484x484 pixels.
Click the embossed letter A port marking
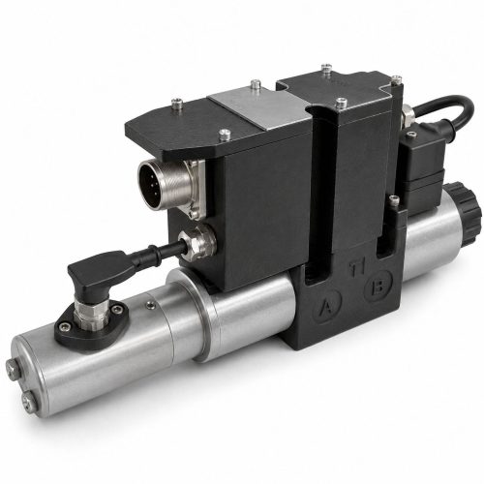[327, 306]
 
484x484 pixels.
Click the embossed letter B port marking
[378, 287]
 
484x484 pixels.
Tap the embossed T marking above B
[357, 268]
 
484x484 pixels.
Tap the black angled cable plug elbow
[100, 271]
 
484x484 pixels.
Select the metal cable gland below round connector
[197, 241]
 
